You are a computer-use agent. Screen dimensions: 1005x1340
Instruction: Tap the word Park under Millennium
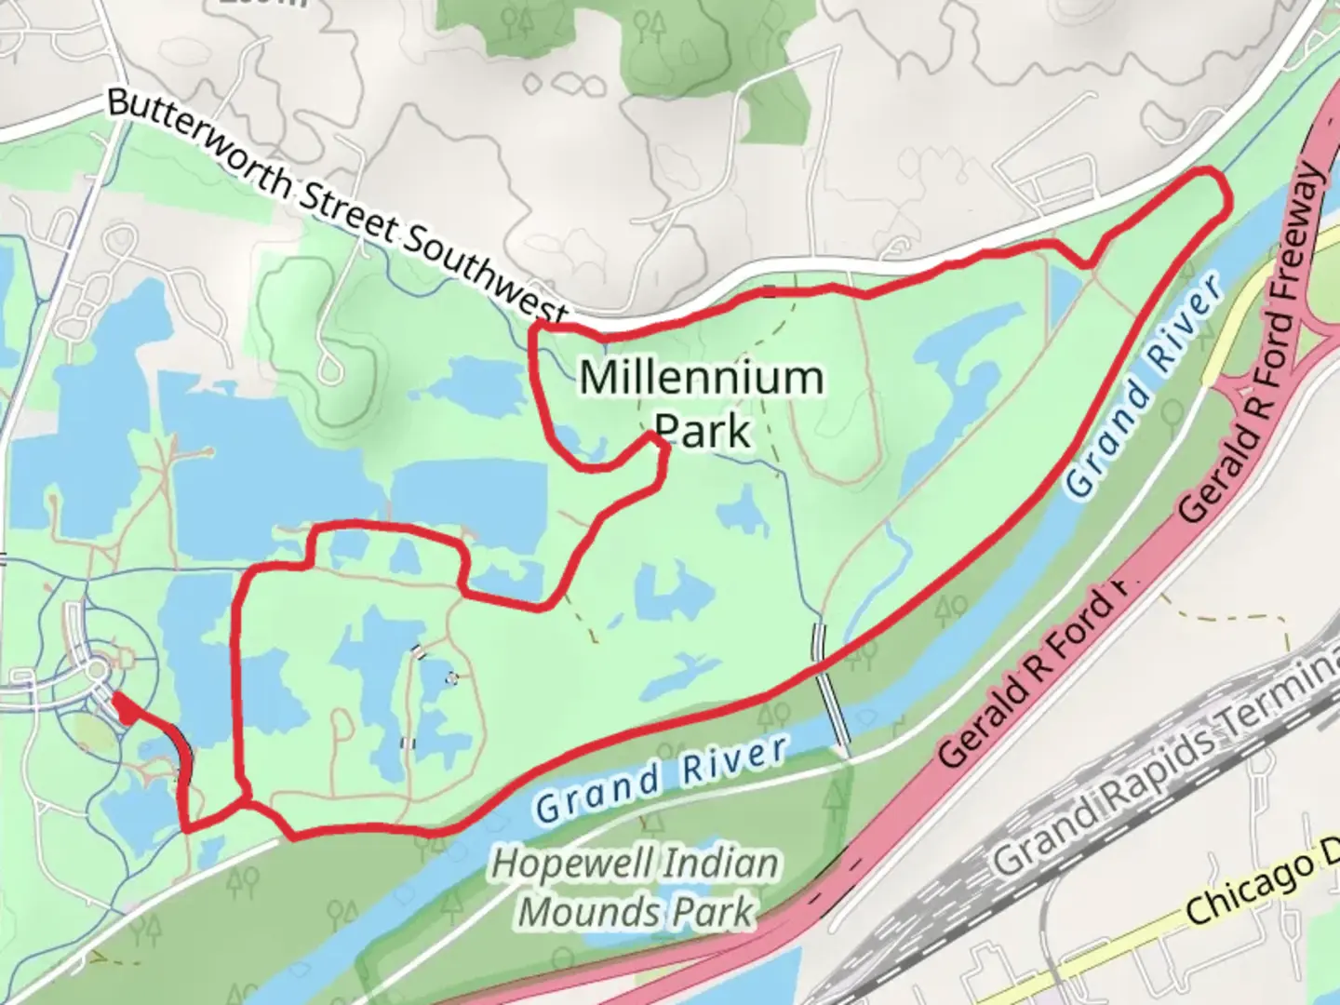703,431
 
